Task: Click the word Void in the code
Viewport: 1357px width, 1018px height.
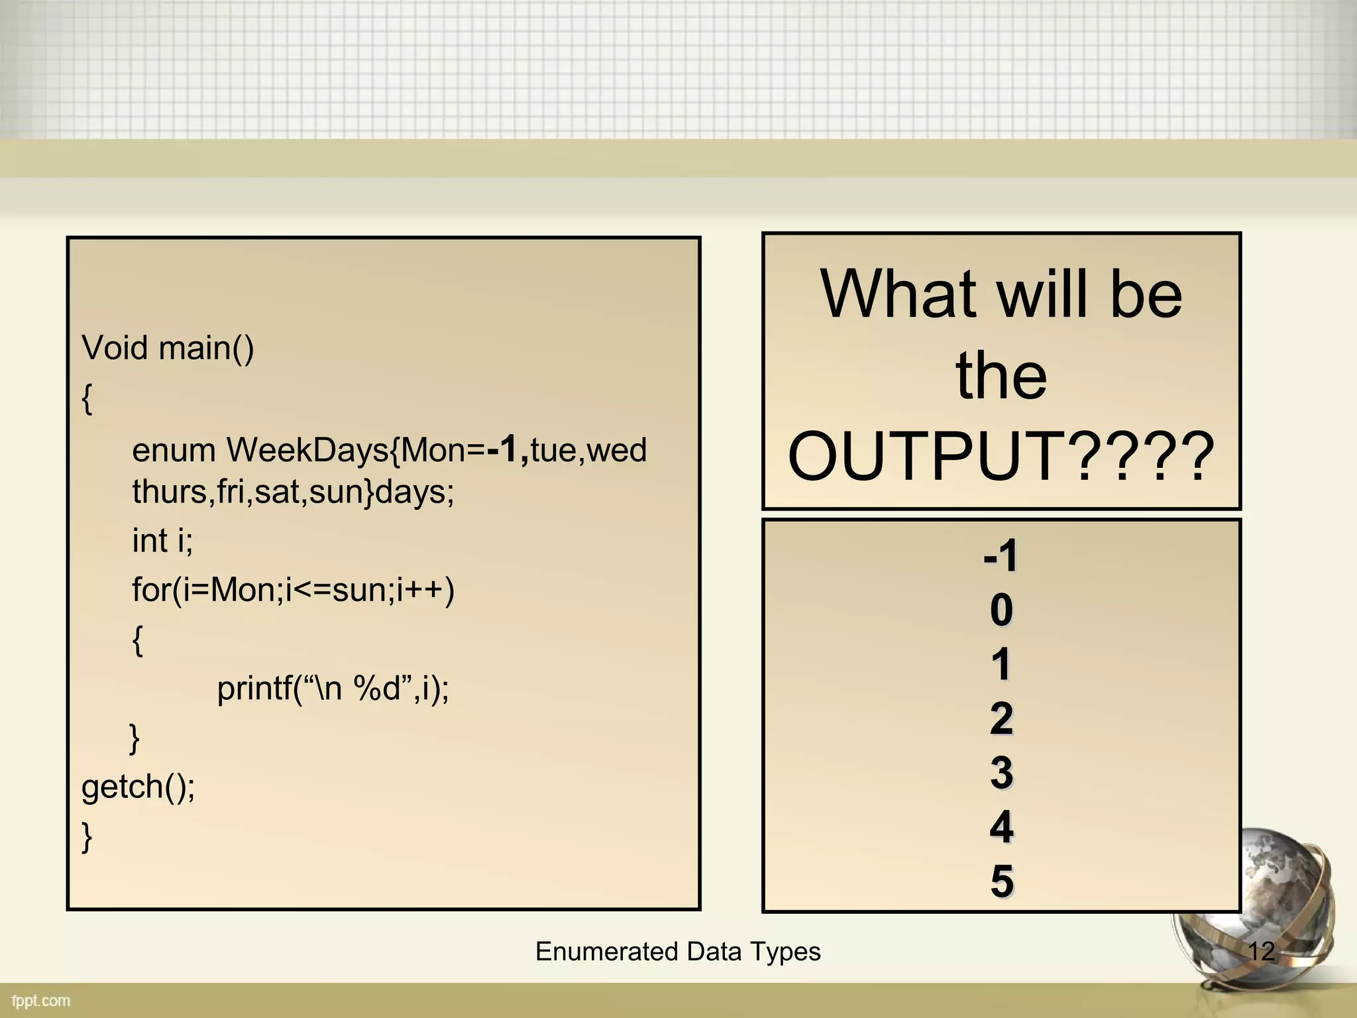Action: [x=114, y=348]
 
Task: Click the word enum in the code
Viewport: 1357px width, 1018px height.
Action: [x=174, y=450]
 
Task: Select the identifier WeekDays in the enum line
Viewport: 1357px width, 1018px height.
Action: [x=307, y=450]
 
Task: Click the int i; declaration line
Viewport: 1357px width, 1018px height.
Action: [x=162, y=540]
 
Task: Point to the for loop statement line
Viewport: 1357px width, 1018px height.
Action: [x=293, y=589]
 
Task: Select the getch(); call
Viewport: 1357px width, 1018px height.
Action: [x=138, y=787]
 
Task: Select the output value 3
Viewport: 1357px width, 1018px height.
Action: [x=1001, y=773]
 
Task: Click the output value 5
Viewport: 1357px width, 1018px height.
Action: [x=1001, y=881]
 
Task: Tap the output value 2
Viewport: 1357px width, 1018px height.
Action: [x=1001, y=718]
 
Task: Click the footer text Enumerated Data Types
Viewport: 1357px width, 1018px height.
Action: [x=678, y=952]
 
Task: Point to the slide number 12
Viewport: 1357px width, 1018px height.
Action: [x=1261, y=952]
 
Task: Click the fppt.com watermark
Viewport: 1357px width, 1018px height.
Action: [x=41, y=1001]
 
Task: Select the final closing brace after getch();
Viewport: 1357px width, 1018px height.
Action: [x=87, y=836]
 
